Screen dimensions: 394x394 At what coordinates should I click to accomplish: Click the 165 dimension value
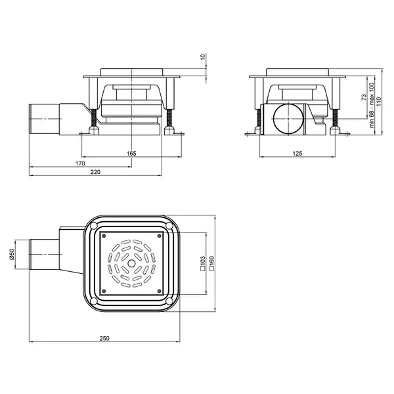(x=131, y=153)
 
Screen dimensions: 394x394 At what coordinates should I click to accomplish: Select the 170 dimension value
(x=80, y=164)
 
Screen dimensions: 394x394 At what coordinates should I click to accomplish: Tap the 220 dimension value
(x=95, y=172)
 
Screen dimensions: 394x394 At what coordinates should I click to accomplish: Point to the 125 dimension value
(x=297, y=153)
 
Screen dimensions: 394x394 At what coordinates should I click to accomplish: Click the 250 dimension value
(x=104, y=338)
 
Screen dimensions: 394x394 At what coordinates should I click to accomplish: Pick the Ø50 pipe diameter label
(x=12, y=255)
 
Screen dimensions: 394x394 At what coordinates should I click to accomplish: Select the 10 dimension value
(x=203, y=56)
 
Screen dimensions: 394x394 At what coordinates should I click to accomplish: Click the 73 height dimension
(x=364, y=97)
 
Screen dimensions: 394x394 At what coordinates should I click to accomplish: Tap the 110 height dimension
(x=379, y=101)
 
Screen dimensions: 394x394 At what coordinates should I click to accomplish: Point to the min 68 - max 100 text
(x=372, y=105)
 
